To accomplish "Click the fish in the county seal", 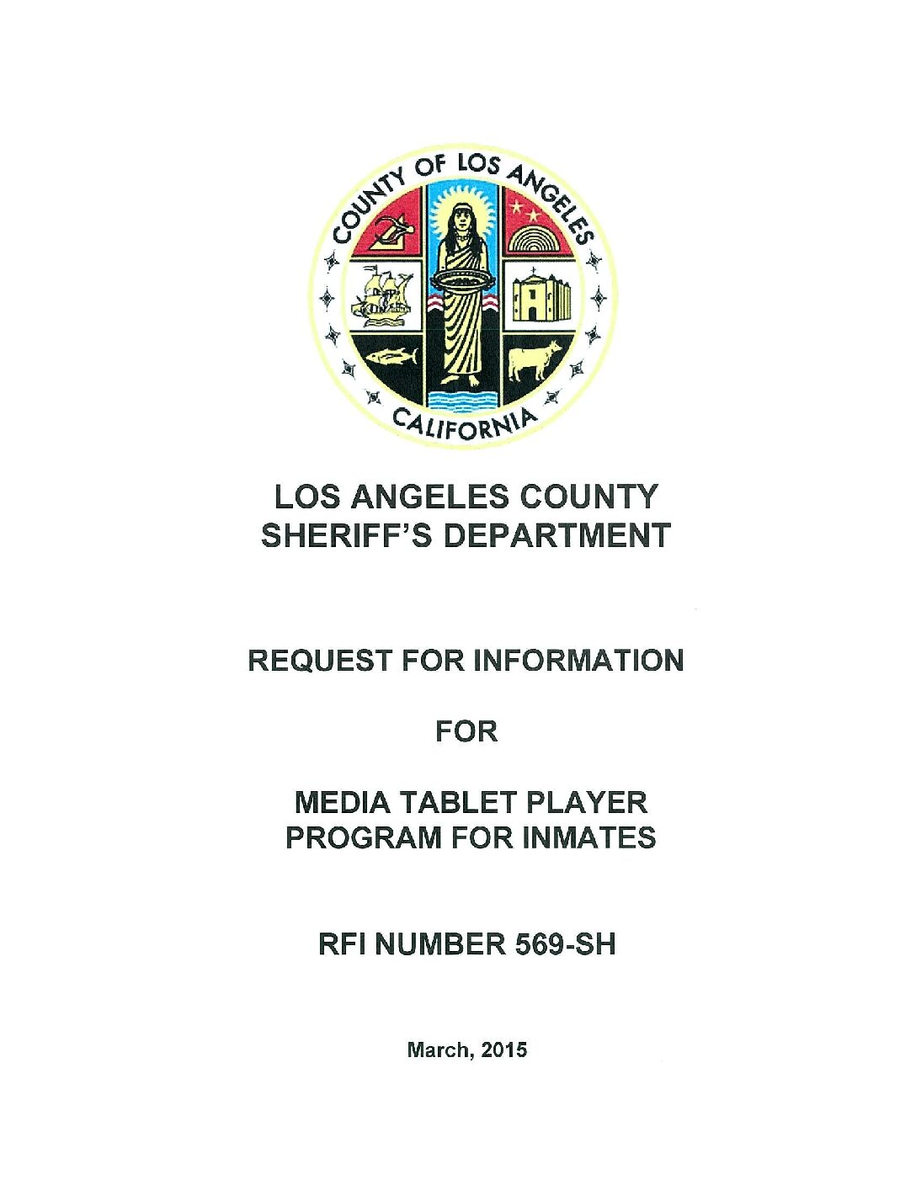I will click(391, 357).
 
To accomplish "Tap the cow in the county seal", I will click(535, 360).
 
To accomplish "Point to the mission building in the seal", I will click(540, 296).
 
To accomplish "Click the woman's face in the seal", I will click(462, 219).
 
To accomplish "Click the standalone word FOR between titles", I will click(466, 731).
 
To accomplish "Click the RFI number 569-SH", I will click(562, 944).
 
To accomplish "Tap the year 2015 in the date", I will click(505, 1049).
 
